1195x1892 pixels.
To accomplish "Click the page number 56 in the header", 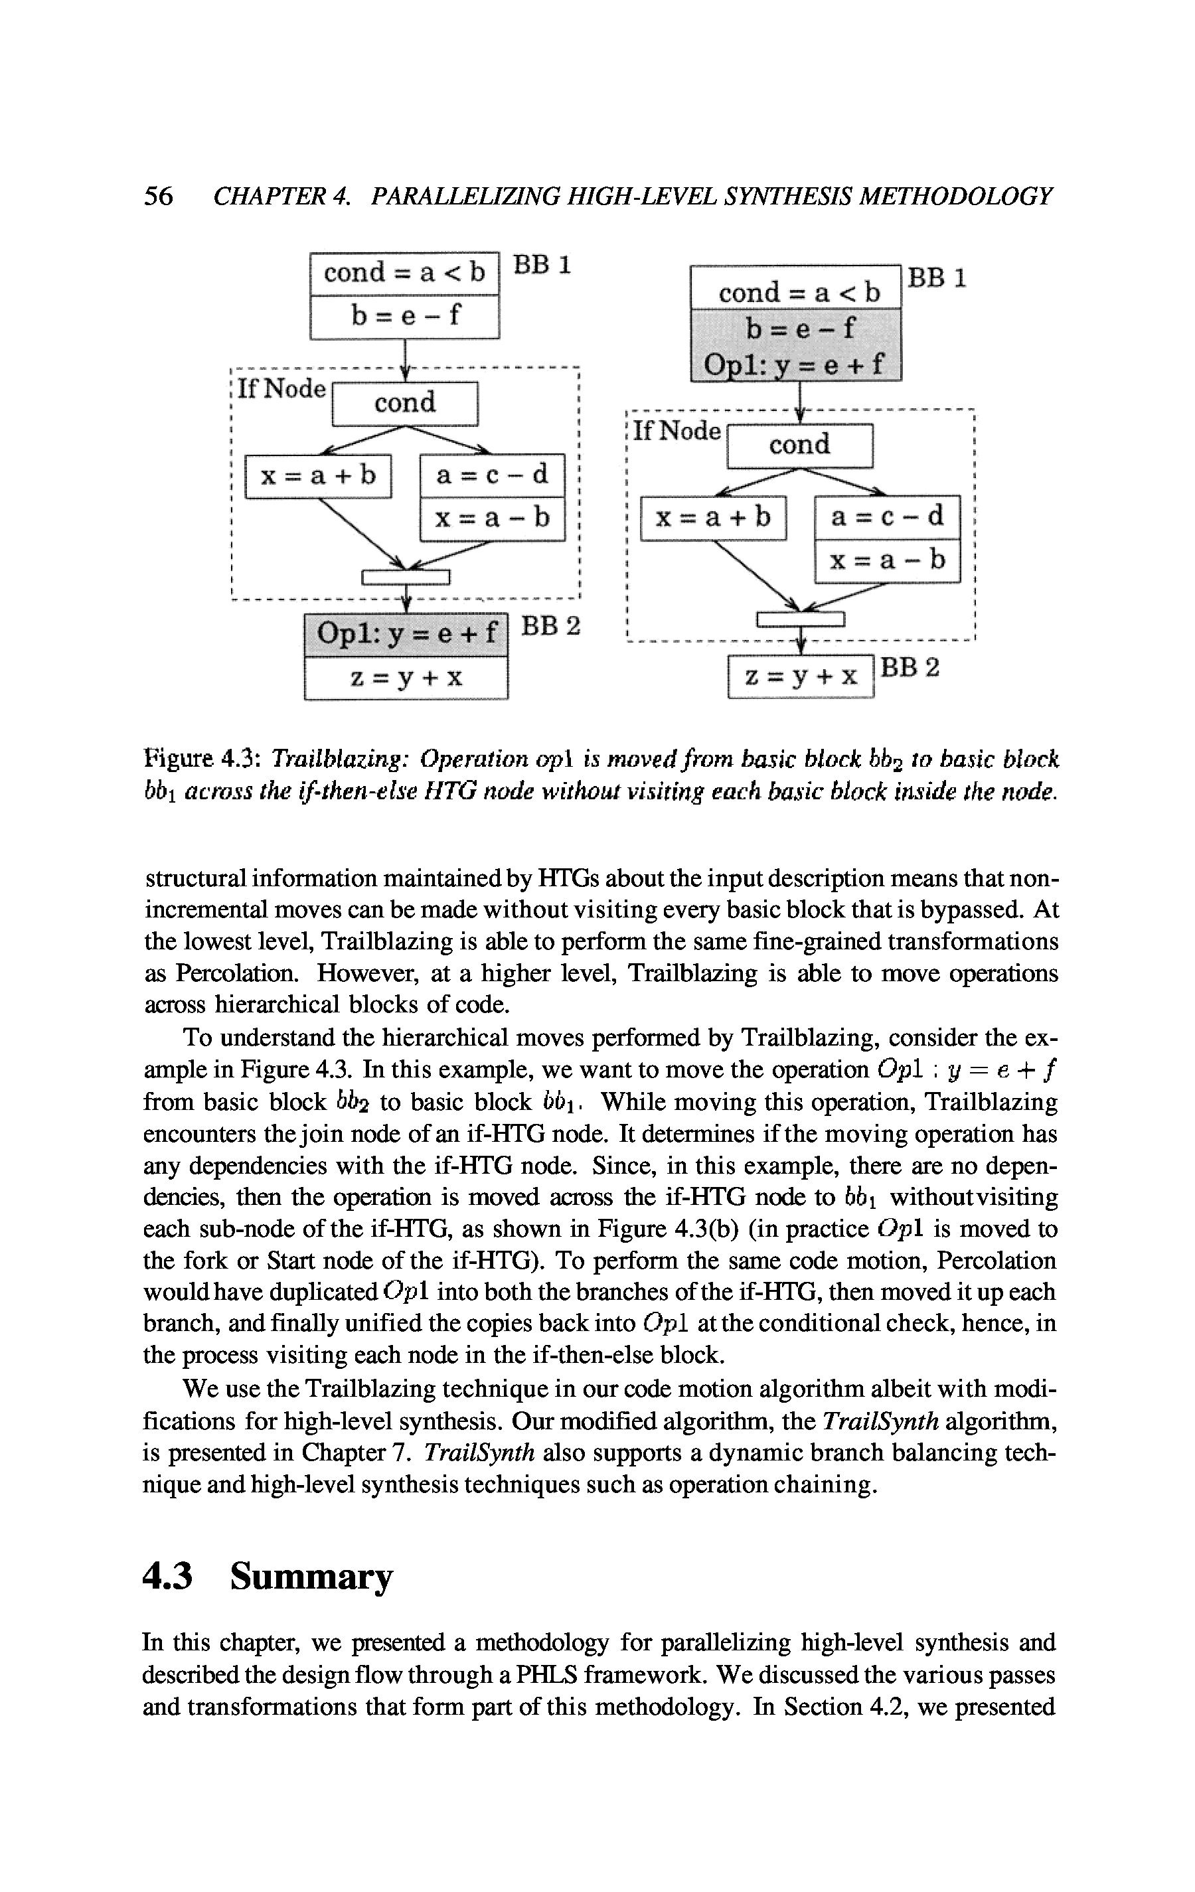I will [x=158, y=196].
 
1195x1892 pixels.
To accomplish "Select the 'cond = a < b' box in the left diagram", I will [x=404, y=273].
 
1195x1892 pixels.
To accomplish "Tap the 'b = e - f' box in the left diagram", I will [x=404, y=316].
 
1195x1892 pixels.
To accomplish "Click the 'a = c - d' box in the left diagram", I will [x=492, y=475].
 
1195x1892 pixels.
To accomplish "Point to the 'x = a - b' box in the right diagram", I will [x=887, y=560].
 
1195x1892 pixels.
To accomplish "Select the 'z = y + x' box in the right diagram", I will [x=801, y=676].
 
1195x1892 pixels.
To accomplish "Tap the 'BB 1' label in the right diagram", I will [x=937, y=278].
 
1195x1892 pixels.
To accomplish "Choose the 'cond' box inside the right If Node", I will [x=800, y=445].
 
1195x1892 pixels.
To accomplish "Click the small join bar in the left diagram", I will [x=406, y=578].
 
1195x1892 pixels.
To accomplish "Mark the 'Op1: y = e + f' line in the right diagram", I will [x=794, y=364].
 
